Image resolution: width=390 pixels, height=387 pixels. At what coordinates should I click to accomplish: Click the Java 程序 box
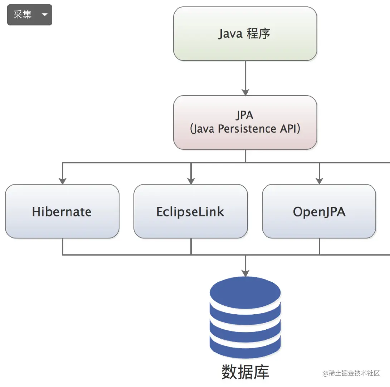(245, 34)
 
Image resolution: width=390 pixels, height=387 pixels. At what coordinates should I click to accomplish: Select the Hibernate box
(62, 211)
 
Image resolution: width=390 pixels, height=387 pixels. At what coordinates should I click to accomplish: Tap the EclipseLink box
(190, 211)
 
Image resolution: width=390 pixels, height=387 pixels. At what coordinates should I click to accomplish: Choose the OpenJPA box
(319, 211)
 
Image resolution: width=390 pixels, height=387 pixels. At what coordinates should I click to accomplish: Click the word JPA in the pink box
(245, 115)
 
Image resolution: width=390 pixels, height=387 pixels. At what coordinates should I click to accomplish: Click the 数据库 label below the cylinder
(245, 372)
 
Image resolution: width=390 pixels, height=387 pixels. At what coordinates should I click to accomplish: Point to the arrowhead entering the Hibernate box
(62, 181)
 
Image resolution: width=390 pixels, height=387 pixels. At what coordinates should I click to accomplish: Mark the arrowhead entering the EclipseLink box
(191, 181)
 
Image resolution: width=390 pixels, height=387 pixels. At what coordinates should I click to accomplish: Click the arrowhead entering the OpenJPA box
(319, 181)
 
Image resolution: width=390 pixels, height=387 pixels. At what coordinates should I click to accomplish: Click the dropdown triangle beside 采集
(45, 15)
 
